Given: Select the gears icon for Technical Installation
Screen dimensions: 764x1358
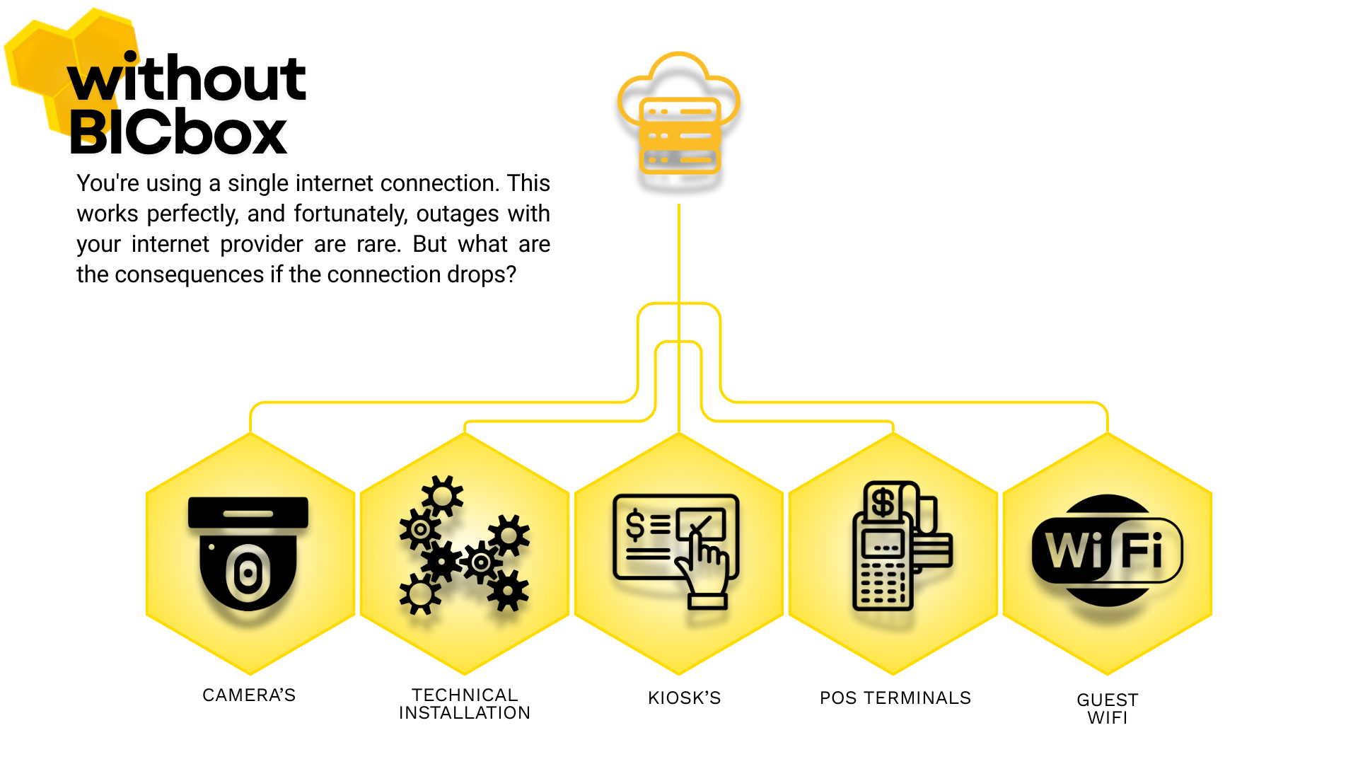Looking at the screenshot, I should (464, 545).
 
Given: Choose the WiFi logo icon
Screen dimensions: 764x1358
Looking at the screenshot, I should (1107, 550).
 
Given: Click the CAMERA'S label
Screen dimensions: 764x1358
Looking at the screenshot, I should (249, 695).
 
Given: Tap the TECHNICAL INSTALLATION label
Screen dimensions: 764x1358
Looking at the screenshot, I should (465, 704).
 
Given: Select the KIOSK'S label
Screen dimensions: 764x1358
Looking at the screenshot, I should (684, 698).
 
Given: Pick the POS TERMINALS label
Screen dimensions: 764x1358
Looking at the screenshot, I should (895, 698).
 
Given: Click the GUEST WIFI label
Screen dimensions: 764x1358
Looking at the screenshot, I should (1107, 709).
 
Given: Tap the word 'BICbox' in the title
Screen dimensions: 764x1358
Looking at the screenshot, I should (178, 132).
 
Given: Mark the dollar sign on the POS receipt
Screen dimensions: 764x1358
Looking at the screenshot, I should (882, 503).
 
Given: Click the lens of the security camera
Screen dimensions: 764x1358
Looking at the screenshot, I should (248, 573).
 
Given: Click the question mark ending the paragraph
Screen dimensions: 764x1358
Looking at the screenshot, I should (510, 274).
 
